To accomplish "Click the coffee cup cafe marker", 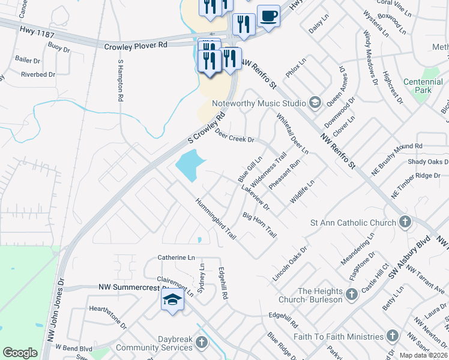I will (268, 16).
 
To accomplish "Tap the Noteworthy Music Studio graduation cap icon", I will (314, 103).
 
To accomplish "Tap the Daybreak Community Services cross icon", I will (202, 343).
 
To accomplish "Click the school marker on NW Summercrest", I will (172, 300).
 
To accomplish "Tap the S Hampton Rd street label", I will (121, 79).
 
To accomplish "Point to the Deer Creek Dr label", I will (235, 136).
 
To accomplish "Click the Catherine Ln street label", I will (176, 257).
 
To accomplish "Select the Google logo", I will (20, 353).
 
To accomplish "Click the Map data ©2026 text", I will (423, 355).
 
